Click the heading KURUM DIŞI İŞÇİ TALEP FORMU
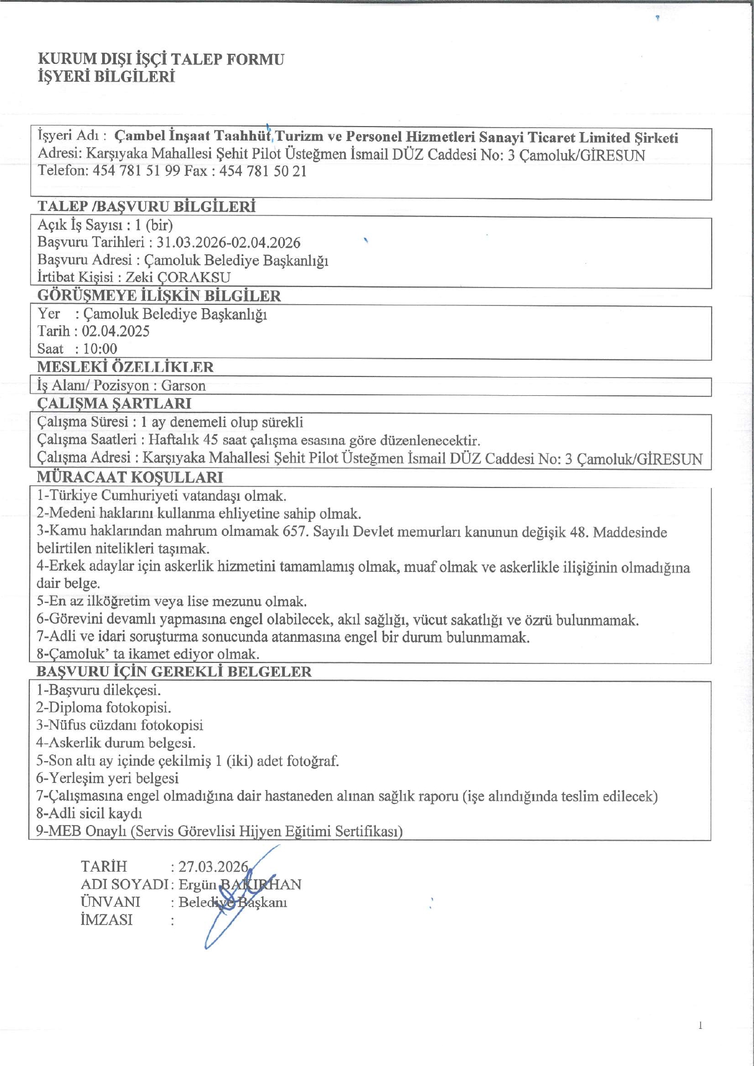161,59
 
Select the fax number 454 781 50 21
263,172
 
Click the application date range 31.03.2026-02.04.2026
228,243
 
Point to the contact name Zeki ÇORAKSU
178,277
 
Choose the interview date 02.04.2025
115,331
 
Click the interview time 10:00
100,349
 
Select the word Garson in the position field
183,386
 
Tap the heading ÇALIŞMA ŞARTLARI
114,404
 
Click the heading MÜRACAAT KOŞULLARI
130,477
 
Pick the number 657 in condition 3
295,531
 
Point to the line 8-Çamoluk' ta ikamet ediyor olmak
148,654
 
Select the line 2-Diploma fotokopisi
103,707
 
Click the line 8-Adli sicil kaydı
89,813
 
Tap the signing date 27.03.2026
213,867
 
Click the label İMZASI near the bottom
107,920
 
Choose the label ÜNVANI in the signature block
110,902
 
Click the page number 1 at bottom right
700,1025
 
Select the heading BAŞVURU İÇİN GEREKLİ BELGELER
174,672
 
